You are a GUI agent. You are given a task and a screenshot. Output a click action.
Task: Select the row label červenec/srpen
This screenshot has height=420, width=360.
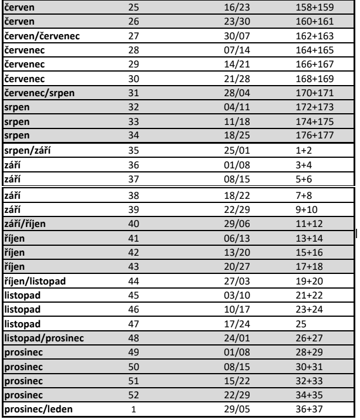[38, 92]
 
